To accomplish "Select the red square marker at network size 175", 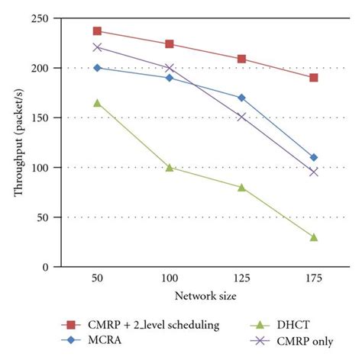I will [x=314, y=78].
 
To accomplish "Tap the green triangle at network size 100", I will [x=170, y=167].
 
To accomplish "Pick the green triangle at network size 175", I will [x=314, y=236].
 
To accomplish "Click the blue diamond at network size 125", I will [x=241, y=98].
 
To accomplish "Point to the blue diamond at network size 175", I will [x=314, y=157].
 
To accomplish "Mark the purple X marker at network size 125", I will [x=241, y=117].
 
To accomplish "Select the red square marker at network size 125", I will [x=241, y=59].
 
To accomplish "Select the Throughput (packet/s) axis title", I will [x=19, y=142].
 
